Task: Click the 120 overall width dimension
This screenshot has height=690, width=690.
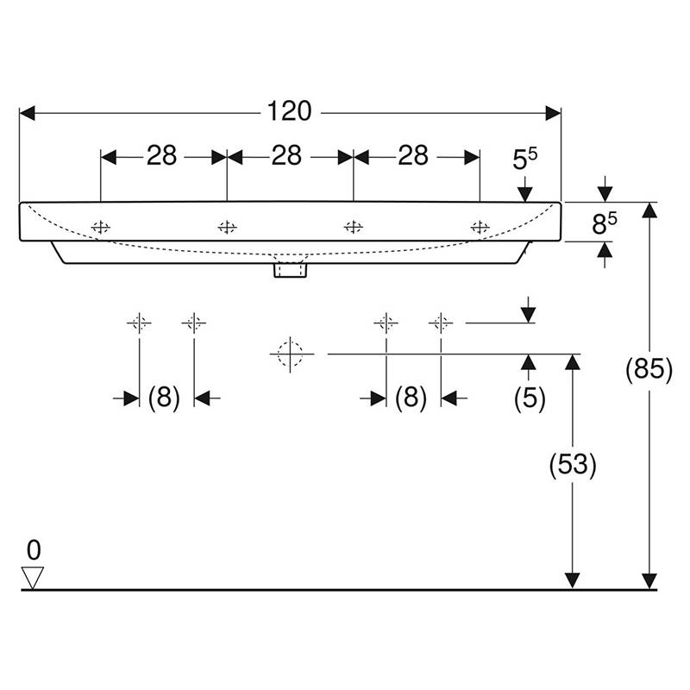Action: (289, 111)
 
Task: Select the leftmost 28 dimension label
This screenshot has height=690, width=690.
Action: (161, 156)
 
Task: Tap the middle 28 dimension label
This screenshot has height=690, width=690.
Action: (286, 156)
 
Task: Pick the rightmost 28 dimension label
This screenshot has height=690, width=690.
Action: (413, 156)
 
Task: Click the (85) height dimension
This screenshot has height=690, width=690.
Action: (649, 369)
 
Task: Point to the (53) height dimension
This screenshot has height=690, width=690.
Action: (573, 465)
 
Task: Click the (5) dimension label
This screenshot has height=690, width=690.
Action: (530, 398)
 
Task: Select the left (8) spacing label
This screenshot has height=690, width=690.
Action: (164, 398)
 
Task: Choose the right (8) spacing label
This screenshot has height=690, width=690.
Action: (411, 398)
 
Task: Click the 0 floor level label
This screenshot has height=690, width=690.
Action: (34, 550)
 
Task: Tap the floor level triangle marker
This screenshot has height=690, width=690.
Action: (33, 577)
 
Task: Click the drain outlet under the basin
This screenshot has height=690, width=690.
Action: (290, 270)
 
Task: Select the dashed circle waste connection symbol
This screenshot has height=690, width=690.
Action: (291, 354)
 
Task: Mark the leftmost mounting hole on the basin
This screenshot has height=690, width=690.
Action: (101, 228)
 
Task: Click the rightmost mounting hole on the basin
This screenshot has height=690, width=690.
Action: (480, 228)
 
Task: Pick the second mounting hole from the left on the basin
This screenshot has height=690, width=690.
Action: (227, 228)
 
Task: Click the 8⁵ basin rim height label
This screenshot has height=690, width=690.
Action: (605, 223)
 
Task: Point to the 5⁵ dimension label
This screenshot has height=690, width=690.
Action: (525, 159)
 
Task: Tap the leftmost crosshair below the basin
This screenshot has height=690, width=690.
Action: (139, 323)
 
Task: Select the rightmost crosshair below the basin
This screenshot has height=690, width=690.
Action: (441, 323)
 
